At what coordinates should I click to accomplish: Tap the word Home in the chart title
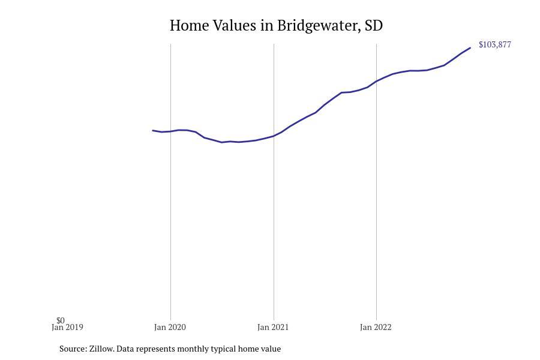pos(189,25)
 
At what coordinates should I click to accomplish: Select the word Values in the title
pos(235,25)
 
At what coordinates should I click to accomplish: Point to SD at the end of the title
pos(373,25)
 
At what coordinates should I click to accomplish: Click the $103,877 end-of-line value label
pos(495,44)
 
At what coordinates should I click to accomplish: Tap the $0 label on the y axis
pos(61,320)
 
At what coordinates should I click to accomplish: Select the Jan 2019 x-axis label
pos(67,327)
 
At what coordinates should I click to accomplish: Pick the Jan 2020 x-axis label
pos(170,327)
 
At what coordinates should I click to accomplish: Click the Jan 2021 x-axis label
pos(273,327)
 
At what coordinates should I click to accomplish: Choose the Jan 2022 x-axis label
pos(376,327)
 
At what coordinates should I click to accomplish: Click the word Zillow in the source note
pos(101,349)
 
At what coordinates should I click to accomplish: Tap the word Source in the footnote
pos(73,349)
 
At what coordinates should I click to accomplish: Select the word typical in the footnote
pos(223,349)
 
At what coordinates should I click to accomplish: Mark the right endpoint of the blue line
pos(470,48)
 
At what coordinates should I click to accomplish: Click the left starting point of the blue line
pos(152,130)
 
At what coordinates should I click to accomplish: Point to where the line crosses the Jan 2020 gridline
pos(170,131)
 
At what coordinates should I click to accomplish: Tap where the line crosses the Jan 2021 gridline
pos(274,136)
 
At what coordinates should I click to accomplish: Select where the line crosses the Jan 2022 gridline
pos(376,82)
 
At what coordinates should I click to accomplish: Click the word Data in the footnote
pos(124,349)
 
